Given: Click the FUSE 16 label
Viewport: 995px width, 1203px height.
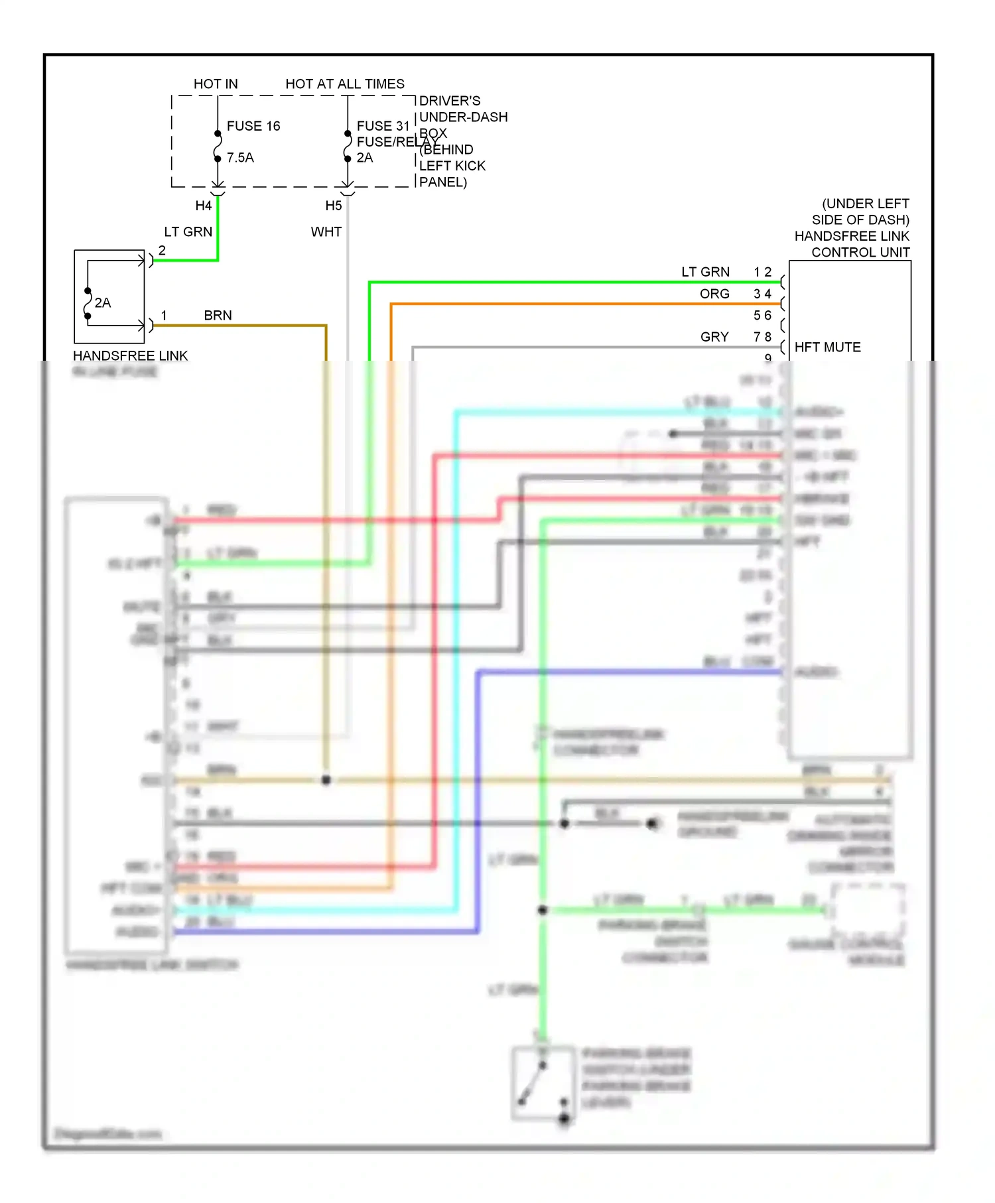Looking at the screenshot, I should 253,126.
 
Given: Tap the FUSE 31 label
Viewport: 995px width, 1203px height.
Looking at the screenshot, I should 383,126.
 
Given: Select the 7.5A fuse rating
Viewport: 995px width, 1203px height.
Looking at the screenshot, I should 240,158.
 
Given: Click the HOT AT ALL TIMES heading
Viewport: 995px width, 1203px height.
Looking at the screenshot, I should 344,84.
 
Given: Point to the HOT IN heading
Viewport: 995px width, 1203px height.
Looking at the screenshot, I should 216,84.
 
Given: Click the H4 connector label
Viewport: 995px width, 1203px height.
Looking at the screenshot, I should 203,206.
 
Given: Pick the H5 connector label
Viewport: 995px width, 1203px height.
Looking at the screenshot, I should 334,206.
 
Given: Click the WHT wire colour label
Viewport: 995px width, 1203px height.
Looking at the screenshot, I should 326,232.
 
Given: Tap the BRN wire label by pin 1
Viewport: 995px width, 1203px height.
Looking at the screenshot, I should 218,316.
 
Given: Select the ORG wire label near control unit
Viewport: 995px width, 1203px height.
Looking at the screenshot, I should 714,294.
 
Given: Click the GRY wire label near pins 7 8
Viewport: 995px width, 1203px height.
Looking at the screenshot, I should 714,337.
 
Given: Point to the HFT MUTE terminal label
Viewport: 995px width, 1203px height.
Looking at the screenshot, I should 827,348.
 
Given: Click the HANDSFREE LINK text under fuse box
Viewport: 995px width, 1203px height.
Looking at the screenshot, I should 130,356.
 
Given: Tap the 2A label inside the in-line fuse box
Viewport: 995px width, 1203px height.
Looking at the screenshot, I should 103,303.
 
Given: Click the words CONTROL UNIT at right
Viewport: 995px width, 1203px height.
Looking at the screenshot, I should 860,253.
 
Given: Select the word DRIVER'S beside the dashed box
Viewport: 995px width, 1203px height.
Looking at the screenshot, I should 450,101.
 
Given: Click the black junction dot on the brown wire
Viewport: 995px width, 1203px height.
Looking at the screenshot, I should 326,780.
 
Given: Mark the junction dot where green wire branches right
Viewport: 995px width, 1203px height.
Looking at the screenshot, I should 543,910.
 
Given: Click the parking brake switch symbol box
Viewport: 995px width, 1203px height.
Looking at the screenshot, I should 543,1084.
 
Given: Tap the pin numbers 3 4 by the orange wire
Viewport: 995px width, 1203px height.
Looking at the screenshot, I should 762,294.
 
